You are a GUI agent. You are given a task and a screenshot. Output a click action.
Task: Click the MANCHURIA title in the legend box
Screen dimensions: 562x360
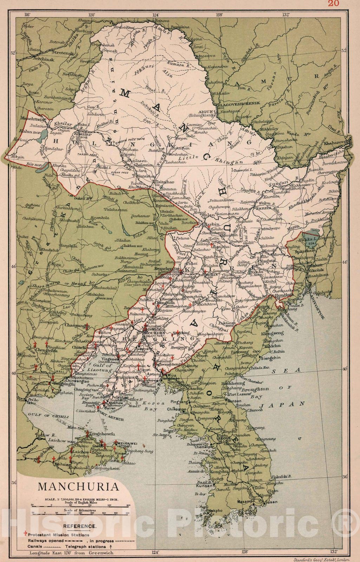point(78,487)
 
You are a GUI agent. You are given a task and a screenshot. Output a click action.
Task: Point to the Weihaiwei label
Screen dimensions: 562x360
point(125,444)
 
